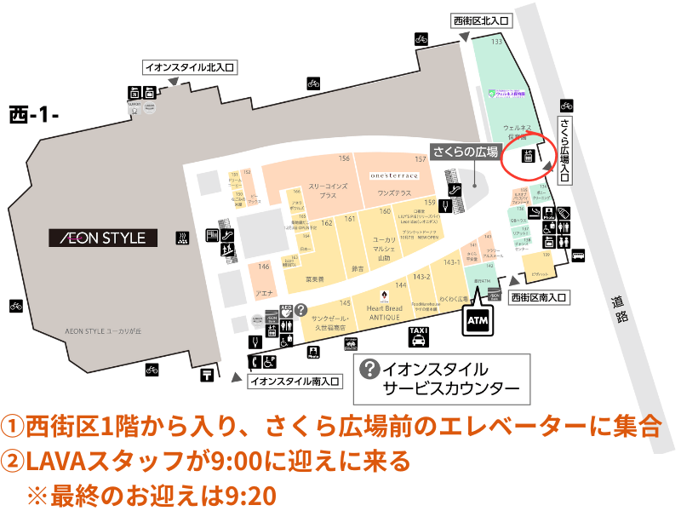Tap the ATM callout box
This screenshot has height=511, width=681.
478,320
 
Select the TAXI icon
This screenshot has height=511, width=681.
418,336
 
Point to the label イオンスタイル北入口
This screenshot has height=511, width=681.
188,66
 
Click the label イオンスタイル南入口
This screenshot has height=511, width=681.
295,382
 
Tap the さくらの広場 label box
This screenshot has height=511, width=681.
465,152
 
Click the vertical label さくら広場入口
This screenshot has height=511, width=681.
565,150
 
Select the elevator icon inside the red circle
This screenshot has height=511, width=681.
528,157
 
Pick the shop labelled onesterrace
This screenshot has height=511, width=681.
393,175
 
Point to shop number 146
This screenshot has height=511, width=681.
264,267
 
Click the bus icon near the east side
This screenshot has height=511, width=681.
580,254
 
